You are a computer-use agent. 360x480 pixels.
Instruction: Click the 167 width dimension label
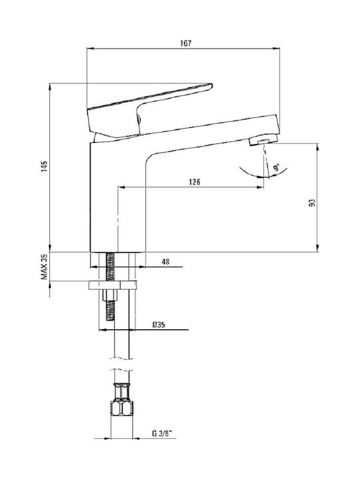(x=185, y=43)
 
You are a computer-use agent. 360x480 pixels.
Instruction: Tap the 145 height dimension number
(x=45, y=167)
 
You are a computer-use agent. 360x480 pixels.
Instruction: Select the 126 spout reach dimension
(x=195, y=182)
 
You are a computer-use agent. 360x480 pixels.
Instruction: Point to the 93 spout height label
(x=312, y=203)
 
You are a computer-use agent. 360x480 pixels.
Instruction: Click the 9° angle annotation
(x=276, y=168)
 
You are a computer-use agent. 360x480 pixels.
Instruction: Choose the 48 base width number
(x=165, y=262)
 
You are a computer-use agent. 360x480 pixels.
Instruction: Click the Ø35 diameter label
(x=159, y=325)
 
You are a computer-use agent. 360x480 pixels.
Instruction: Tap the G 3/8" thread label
(x=162, y=433)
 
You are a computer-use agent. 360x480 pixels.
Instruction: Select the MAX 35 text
(x=45, y=267)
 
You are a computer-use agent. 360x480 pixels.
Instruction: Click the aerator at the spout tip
(x=263, y=141)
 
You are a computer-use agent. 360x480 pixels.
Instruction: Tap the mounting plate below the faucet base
(x=113, y=285)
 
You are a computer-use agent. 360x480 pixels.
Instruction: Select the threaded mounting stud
(x=110, y=286)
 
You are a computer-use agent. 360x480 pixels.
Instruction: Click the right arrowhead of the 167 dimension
(x=277, y=49)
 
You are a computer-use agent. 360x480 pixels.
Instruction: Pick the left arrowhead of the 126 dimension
(x=121, y=187)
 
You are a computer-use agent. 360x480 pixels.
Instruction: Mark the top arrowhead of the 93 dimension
(x=318, y=147)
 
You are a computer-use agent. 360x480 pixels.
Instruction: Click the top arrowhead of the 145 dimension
(x=50, y=87)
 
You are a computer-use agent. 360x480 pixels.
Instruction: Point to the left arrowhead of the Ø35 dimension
(x=103, y=330)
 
